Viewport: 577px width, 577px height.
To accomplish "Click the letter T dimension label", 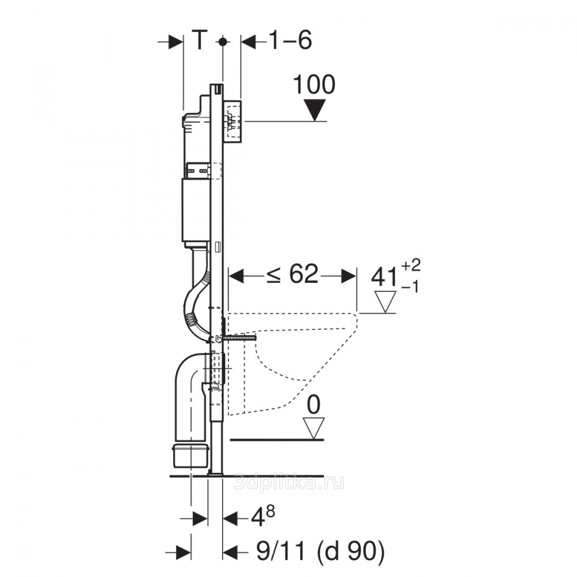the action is [200, 40].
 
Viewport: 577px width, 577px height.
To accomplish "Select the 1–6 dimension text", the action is [291, 40].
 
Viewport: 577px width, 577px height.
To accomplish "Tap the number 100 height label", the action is [314, 85].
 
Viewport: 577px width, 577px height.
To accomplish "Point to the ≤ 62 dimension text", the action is [293, 274].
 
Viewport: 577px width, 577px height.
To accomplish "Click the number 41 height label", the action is [384, 277].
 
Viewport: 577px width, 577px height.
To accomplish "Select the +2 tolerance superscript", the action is [410, 265].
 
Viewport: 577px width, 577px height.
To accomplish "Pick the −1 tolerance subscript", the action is [410, 287].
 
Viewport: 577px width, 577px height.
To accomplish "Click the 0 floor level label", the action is [313, 405].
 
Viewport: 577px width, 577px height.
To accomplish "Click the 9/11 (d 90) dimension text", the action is [320, 551].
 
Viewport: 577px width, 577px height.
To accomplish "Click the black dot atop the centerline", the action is [222, 42].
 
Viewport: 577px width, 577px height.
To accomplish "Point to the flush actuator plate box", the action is [233, 121].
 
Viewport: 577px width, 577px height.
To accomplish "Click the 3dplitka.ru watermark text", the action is [289, 482].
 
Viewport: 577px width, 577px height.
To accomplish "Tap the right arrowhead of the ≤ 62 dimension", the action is [349, 276].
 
